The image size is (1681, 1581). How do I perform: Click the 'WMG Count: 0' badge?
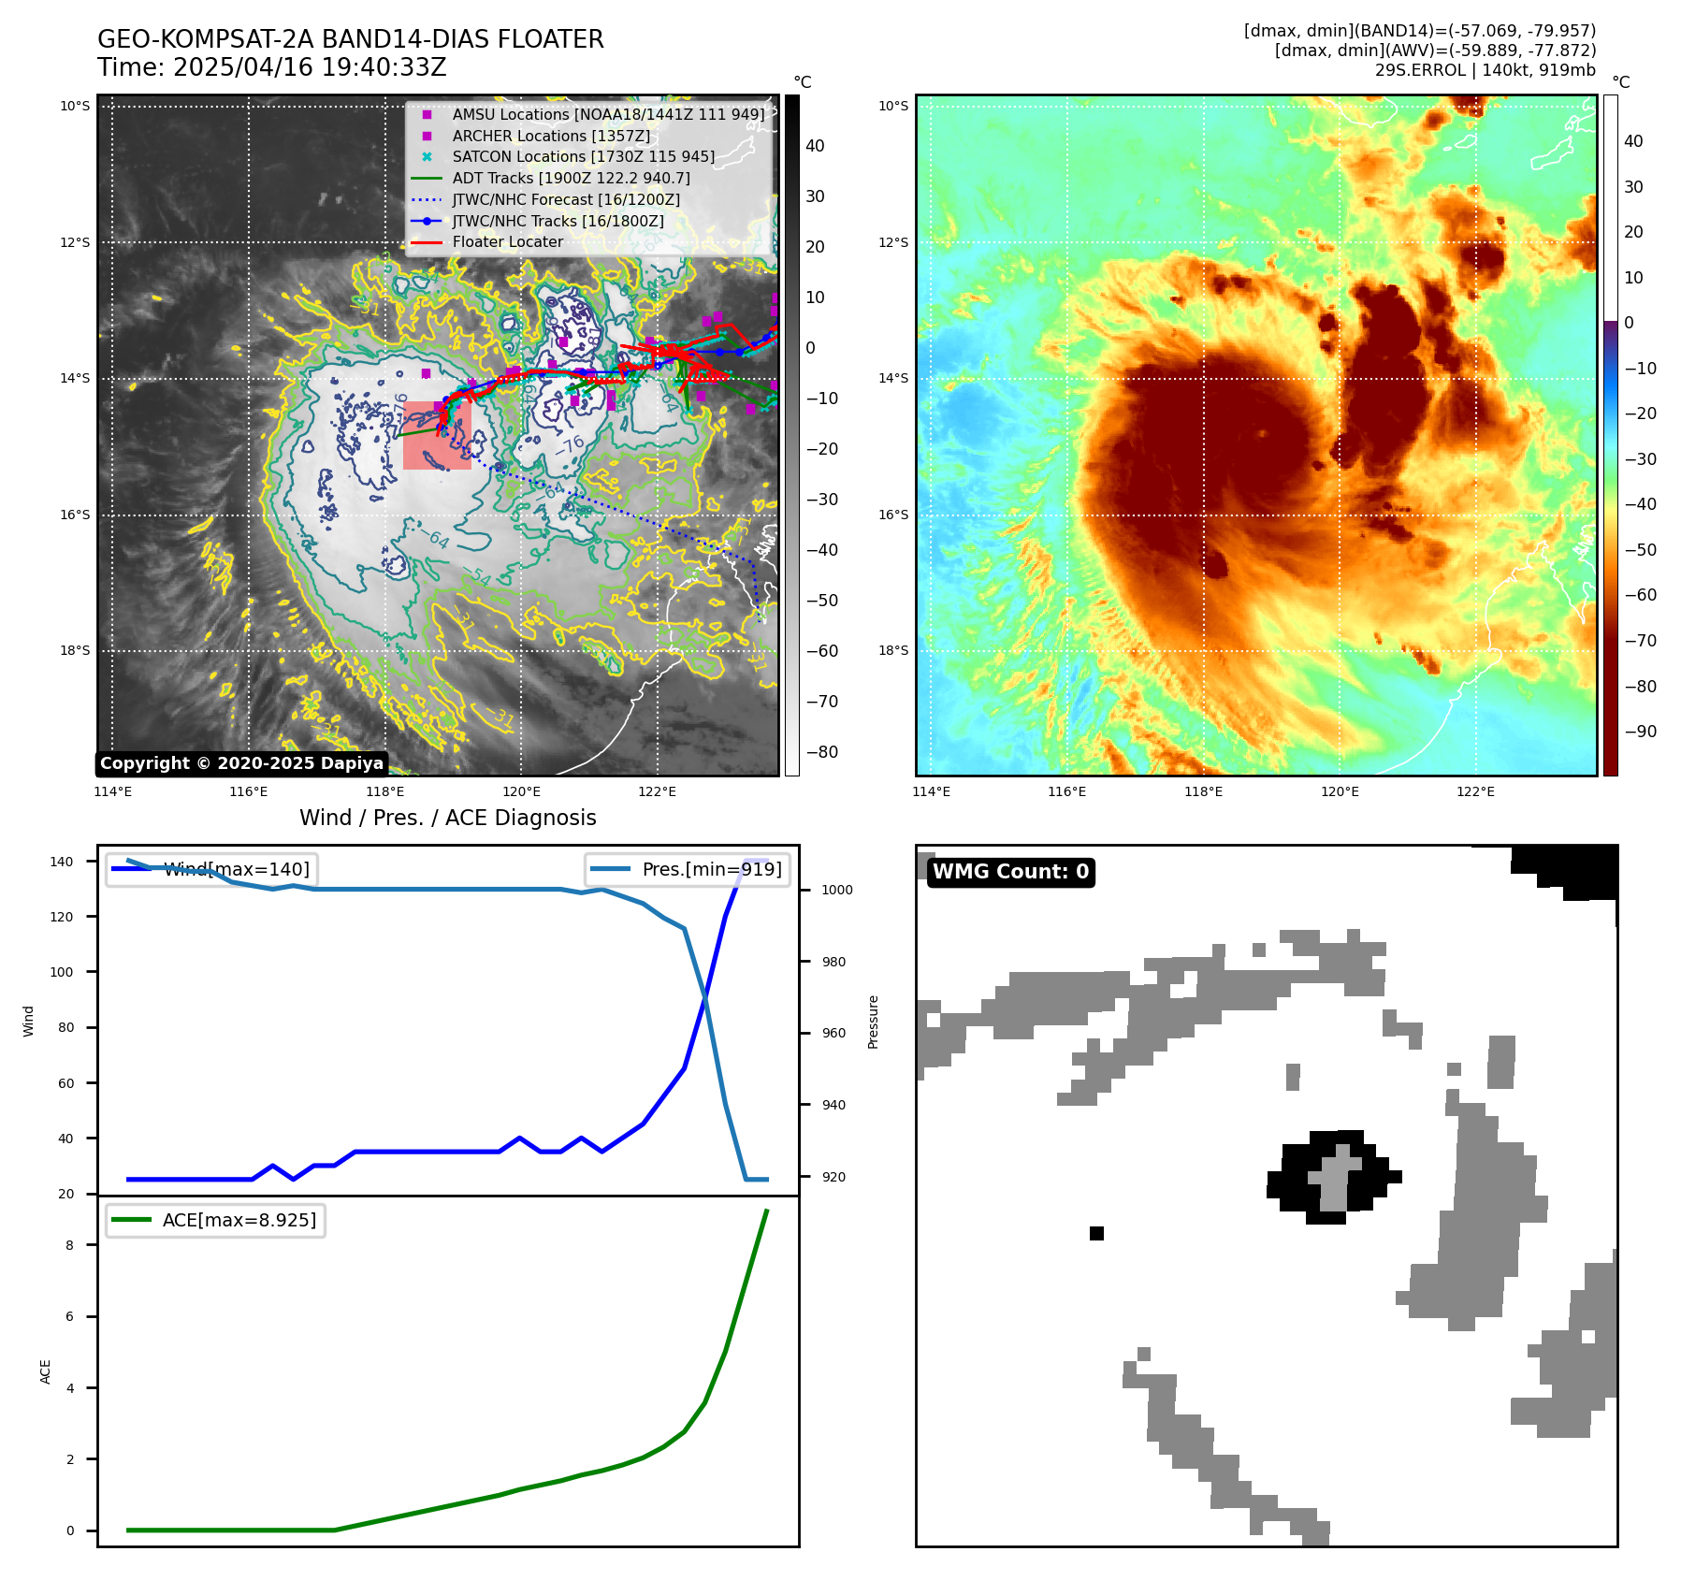tap(1010, 872)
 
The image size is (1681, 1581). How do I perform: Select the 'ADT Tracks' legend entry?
tap(571, 178)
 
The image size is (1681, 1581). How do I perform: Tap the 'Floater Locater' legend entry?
tap(507, 242)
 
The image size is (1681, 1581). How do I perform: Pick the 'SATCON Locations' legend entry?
tap(583, 157)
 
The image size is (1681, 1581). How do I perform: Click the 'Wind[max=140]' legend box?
tap(210, 869)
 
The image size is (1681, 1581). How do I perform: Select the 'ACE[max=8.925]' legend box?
tap(215, 1220)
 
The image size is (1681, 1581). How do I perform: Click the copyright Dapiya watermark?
tap(241, 763)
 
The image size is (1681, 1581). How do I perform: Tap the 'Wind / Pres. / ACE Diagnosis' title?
tap(447, 818)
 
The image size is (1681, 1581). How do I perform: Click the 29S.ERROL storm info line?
tap(1485, 70)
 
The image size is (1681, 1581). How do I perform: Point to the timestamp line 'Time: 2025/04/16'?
tap(271, 67)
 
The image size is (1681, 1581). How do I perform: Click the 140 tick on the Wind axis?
tap(62, 862)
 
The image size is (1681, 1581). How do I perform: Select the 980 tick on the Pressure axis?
tap(836, 962)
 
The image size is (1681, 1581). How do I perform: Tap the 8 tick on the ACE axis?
tap(70, 1245)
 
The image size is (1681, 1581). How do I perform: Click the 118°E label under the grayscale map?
tap(384, 792)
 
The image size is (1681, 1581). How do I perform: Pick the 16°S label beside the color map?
tap(892, 515)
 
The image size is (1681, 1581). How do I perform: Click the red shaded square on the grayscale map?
tap(437, 435)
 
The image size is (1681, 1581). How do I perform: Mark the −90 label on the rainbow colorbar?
tap(1640, 732)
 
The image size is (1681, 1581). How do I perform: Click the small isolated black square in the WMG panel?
tap(1096, 1233)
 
